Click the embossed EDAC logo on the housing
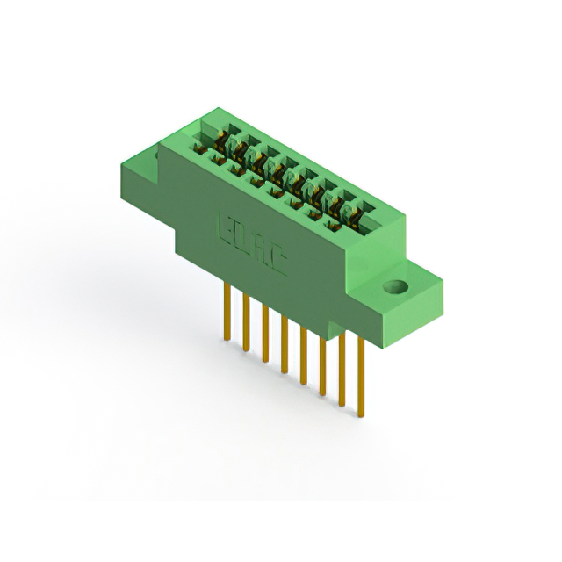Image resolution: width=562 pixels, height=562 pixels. tap(251, 244)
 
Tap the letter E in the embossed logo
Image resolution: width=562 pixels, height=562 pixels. tap(223, 228)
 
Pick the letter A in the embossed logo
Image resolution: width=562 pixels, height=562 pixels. tap(259, 249)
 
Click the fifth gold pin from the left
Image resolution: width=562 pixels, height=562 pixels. tap(303, 353)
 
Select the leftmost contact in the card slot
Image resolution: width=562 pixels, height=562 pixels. tap(220, 140)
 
